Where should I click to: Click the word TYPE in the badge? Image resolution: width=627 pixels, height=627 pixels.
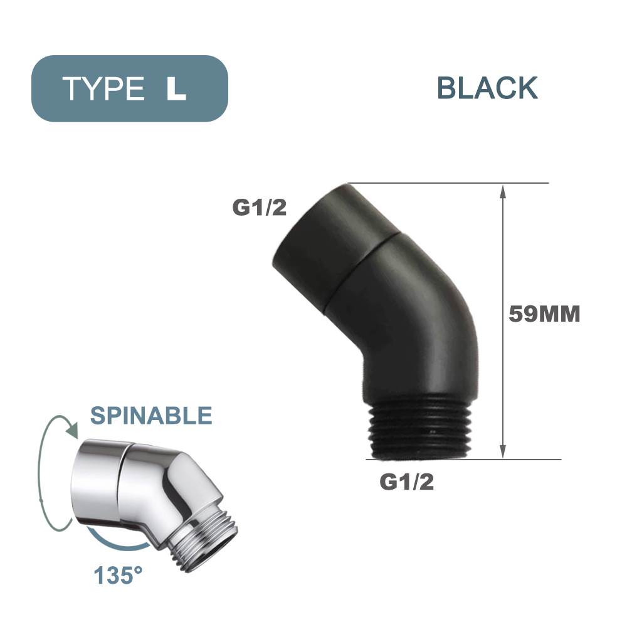pos(103,89)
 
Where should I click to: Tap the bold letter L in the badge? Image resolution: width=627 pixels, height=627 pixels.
pos(176,89)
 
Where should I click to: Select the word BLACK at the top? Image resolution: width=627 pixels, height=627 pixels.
pos(487,88)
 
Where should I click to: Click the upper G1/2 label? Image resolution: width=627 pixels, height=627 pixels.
pos(260,208)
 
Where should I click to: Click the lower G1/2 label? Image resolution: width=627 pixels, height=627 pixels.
pos(407,483)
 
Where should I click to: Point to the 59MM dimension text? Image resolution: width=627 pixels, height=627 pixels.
pos(544,314)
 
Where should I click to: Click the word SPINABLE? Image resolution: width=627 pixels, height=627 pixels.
pos(151,415)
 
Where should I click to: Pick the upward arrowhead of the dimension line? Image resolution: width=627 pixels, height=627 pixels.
pos(502,191)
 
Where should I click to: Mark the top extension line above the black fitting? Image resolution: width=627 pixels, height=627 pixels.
pos(451,183)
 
